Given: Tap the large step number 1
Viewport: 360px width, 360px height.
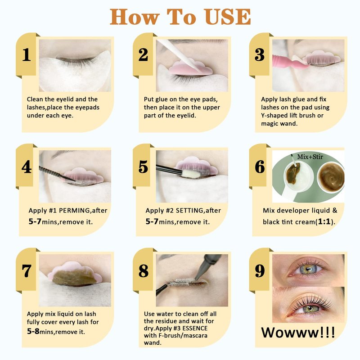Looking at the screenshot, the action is click(x=27, y=54).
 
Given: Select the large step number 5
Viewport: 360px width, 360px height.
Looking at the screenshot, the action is click(x=143, y=166).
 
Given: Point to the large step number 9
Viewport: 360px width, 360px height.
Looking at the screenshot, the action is click(x=260, y=271).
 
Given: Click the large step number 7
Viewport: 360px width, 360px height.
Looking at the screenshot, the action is click(x=27, y=271).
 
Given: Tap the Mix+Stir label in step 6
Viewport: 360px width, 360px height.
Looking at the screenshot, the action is click(x=310, y=157).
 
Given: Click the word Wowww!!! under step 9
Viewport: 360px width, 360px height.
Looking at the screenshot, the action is click(x=298, y=332).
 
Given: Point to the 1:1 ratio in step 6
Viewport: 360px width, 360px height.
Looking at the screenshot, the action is click(x=324, y=221).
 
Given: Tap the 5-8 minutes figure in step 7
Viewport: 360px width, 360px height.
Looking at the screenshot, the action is click(x=33, y=331).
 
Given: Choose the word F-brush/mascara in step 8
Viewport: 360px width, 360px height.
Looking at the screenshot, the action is click(x=183, y=335).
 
